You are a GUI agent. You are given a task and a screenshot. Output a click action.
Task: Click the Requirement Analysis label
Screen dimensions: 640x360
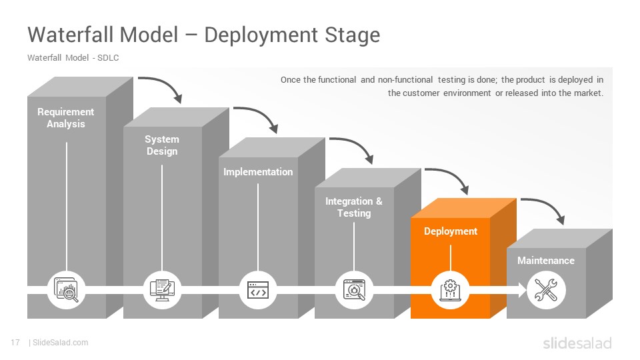coord(66,118)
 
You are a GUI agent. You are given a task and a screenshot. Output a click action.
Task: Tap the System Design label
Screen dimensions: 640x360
coord(162,145)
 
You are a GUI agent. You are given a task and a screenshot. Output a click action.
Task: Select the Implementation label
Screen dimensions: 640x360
coord(258,172)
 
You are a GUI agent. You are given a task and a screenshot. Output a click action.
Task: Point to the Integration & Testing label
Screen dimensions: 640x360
coord(354,207)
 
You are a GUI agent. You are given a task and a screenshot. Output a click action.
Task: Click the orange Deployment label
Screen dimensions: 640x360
coord(451,231)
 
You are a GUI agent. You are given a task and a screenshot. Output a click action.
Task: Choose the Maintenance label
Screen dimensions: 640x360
coord(546,261)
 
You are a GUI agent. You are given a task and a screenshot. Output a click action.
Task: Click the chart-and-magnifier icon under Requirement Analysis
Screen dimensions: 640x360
coord(66,290)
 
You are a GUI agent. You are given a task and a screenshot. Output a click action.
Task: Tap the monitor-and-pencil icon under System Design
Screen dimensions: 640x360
coord(162,290)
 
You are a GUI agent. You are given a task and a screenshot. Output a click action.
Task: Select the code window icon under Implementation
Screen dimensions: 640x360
coord(258,290)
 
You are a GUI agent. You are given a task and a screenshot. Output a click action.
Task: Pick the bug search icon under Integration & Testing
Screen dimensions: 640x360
coord(354,290)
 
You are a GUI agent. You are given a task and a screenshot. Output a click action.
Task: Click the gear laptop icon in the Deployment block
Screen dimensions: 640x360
coord(450,290)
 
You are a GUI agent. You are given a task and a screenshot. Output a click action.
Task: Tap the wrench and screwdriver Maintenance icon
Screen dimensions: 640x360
coord(546,290)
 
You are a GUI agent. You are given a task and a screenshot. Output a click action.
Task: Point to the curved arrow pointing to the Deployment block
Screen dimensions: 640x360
coord(454,175)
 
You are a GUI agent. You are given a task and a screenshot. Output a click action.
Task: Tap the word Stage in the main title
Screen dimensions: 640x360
coord(352,35)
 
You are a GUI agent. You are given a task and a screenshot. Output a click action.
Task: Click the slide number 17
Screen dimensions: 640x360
coord(15,343)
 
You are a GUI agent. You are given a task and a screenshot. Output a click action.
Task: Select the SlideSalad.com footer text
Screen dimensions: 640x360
coord(60,343)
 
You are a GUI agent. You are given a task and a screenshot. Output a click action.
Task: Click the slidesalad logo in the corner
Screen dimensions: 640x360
coord(577,343)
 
